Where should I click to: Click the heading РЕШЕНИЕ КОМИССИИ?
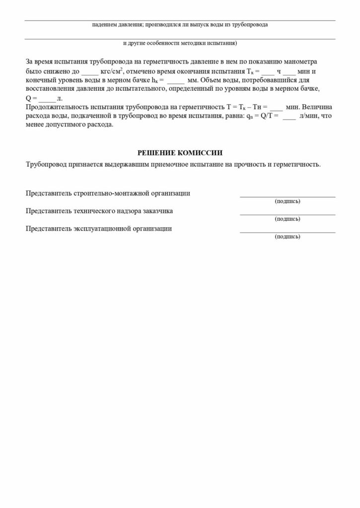tap(180, 153)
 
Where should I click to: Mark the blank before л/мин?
tap(288, 117)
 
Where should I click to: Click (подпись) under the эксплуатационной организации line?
tap(287, 237)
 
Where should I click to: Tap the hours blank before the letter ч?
tap(267, 72)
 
